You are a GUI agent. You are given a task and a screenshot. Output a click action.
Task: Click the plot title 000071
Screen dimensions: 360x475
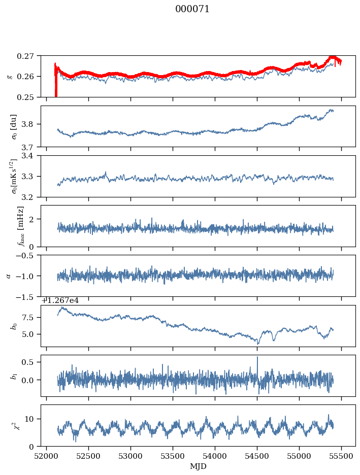pos(192,9)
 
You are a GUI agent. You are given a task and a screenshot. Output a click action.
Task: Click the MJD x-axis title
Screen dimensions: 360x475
pos(198,466)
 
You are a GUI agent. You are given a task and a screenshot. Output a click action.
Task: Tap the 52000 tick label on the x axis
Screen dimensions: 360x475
pos(46,456)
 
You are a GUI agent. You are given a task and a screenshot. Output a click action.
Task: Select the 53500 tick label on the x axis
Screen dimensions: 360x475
pos(173,456)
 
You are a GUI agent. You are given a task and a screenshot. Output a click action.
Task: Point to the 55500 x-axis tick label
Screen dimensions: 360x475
pos(341,456)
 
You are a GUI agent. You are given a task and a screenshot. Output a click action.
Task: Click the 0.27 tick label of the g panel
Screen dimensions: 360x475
pos(25,56)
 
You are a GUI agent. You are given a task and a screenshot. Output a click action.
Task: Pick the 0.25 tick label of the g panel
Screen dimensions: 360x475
pos(25,97)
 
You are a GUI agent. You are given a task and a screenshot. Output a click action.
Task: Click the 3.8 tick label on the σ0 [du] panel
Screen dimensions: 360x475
pos(28,124)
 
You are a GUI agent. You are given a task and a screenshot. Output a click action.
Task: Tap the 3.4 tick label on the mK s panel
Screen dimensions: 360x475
pos(28,156)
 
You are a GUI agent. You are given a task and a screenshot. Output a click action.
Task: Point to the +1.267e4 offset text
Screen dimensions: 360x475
pos(60,300)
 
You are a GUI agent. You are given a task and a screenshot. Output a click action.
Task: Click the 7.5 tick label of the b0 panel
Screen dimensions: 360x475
pos(28,318)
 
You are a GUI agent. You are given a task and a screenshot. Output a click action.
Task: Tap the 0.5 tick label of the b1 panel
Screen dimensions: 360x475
pos(28,362)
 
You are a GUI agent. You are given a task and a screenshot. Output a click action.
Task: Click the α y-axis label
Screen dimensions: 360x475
pos(9,276)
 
